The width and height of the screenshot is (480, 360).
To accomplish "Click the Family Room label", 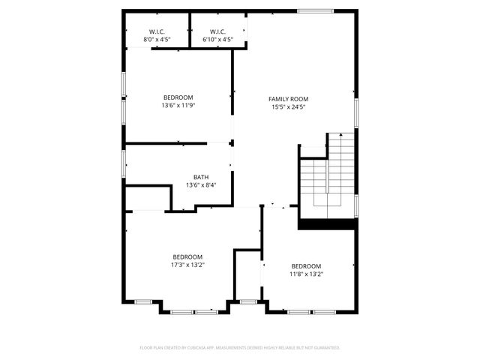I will [x=289, y=99].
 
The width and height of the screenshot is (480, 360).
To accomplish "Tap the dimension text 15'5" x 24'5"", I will [x=289, y=107].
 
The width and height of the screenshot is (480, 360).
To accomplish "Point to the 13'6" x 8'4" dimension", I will [x=200, y=185].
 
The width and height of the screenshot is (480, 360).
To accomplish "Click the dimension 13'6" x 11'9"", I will [x=178, y=106].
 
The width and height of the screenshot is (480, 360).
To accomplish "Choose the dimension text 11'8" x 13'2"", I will [x=306, y=274].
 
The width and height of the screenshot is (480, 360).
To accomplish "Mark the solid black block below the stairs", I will [x=327, y=223].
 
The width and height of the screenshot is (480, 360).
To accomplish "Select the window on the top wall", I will [x=310, y=10].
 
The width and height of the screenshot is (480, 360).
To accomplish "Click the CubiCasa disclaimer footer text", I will [x=240, y=348].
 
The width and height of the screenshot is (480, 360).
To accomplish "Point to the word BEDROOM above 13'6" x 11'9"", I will [x=178, y=97].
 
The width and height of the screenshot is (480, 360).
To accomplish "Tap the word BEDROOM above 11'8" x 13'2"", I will [x=306, y=266].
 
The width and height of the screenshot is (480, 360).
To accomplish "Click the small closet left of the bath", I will [x=148, y=199].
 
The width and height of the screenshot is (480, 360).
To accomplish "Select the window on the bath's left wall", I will [x=124, y=163].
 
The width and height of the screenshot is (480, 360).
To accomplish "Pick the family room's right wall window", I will [x=356, y=112].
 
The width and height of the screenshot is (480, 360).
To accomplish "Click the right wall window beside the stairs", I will [x=356, y=203].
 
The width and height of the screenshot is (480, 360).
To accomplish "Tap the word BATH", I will [x=200, y=178].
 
